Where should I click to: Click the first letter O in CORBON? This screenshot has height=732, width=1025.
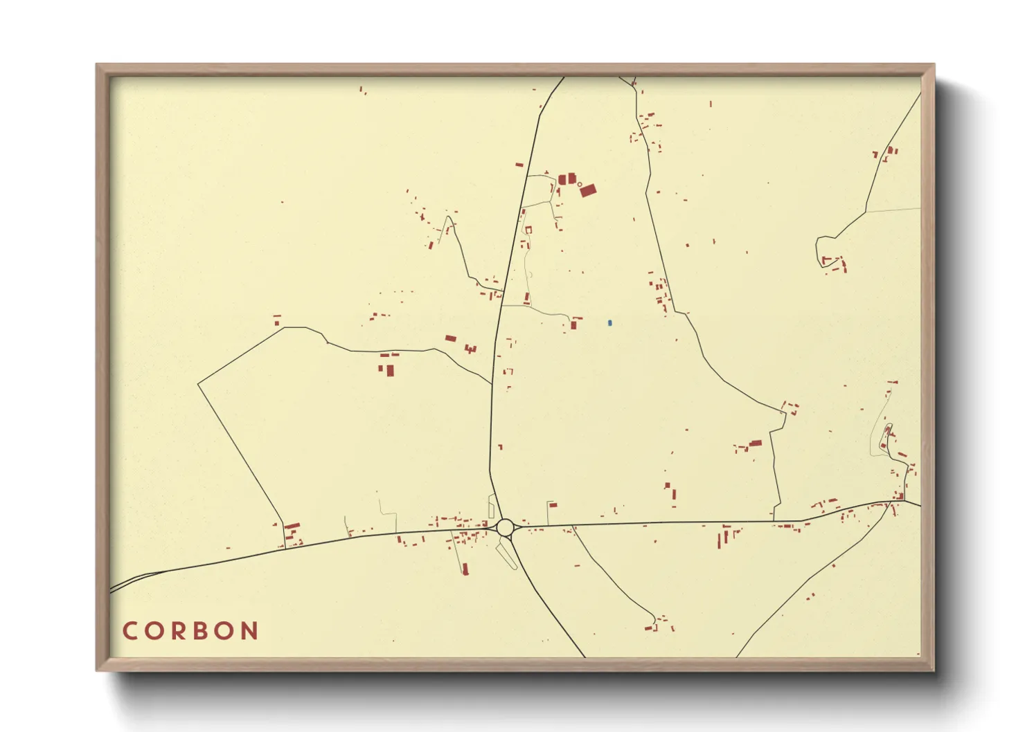point(152,631)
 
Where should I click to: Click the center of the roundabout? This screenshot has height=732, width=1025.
point(506,528)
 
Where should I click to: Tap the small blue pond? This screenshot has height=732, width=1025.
point(609,323)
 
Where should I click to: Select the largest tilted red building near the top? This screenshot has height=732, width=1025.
point(587,190)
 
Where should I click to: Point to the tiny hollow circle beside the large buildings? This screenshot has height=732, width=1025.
point(580,184)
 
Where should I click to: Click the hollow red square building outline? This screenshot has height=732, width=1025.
point(528,230)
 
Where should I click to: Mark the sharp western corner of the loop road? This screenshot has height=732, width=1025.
point(198,383)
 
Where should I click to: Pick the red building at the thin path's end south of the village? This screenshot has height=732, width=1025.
point(465,569)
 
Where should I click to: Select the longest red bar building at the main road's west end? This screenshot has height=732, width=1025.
point(292,527)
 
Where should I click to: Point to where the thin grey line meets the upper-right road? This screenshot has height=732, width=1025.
point(866,211)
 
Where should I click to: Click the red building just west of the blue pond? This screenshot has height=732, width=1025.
point(573,324)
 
